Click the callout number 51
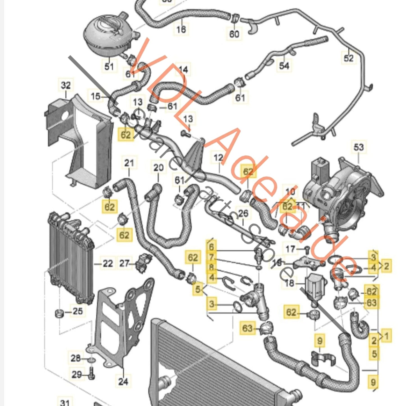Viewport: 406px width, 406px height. click(109, 67)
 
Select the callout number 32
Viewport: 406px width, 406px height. click(66, 85)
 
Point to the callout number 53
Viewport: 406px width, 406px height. click(359, 147)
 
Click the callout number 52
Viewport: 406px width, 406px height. click(348, 58)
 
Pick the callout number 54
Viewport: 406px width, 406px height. click(284, 66)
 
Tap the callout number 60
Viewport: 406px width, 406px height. click(234, 34)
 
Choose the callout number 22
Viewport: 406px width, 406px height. click(108, 264)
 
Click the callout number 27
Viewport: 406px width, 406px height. click(124, 263)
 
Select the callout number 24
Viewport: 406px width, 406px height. click(123, 381)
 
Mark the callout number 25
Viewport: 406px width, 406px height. click(78, 311)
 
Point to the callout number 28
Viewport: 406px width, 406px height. click(76, 358)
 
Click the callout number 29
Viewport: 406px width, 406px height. click(77, 374)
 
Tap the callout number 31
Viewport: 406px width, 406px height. click(65, 402)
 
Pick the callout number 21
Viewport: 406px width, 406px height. click(129, 163)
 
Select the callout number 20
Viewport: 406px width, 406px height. click(158, 168)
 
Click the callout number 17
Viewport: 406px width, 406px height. click(290, 249)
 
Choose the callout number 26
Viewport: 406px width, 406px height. click(243, 213)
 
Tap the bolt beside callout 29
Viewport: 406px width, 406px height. click(92, 374)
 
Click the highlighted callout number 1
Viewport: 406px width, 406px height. click(387, 336)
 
